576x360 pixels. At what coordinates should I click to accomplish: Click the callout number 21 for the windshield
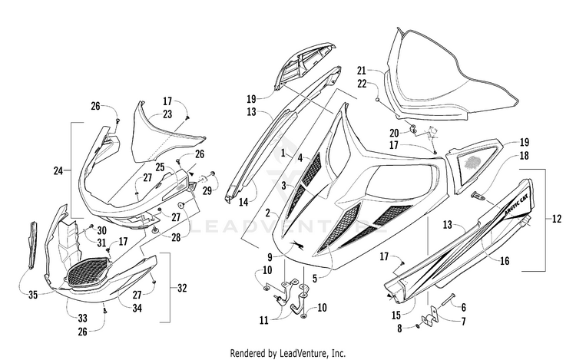[x=362, y=71]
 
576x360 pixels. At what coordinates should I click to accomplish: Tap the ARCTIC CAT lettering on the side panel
[x=516, y=206]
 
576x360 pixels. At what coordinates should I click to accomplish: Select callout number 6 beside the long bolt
[x=464, y=307]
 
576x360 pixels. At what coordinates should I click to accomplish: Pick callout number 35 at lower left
[x=33, y=295]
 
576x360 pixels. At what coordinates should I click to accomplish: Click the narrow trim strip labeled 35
[x=34, y=244]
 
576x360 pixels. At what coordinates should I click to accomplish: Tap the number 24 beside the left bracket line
[x=58, y=170]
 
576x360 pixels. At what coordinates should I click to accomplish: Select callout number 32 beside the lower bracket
[x=182, y=288]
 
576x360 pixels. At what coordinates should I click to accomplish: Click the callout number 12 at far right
[x=557, y=219]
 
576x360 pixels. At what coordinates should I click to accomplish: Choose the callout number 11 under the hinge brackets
[x=264, y=320]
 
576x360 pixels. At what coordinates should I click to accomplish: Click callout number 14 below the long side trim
[x=244, y=202]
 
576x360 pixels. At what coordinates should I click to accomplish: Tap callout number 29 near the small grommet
[x=207, y=191]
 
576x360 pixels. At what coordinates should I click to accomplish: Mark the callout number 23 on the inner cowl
[x=167, y=114]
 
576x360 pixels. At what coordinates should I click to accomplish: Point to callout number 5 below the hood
[x=314, y=279]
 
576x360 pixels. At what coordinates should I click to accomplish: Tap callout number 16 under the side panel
[x=505, y=260]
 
